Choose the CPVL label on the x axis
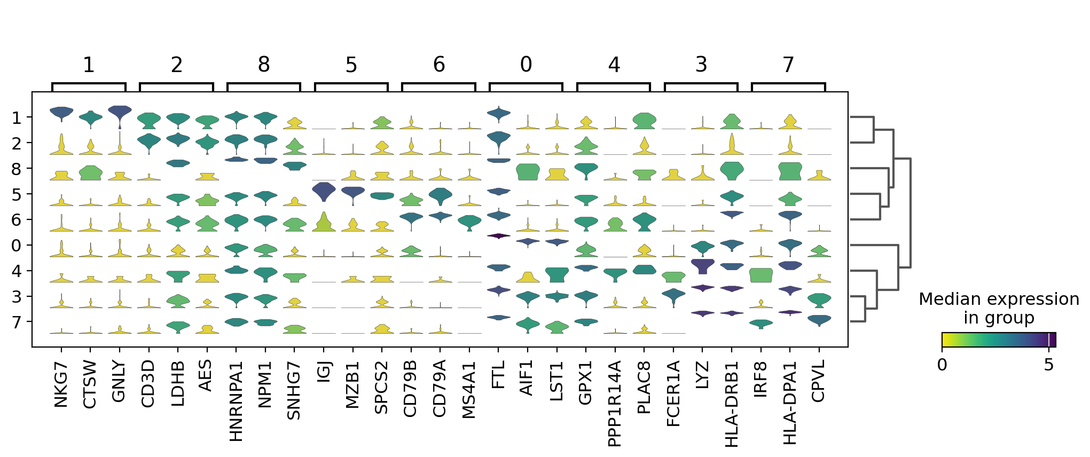pos(819,381)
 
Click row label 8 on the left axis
pos(17,169)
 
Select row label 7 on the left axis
pos(17,322)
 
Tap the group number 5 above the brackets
pos(351,65)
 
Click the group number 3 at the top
pos(701,65)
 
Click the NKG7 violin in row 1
pos(61,112)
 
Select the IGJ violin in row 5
pos(324,191)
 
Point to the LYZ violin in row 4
pos(703,265)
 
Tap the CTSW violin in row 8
pos(90,173)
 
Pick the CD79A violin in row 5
pos(440,195)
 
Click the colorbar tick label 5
pos(1049,365)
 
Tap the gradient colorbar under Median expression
pos(999,340)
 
